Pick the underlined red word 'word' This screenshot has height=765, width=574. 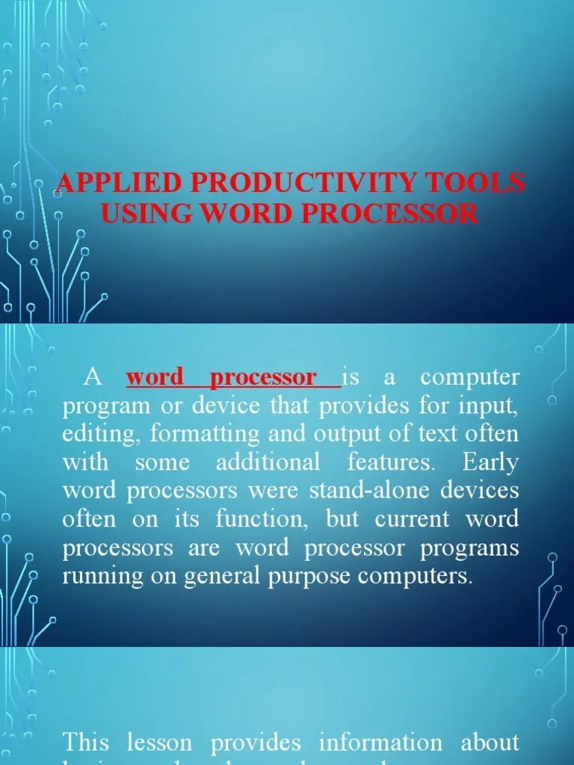tap(155, 377)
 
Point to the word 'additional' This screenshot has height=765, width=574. tap(268, 462)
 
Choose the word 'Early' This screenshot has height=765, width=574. tap(490, 462)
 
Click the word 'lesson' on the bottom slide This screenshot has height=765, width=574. tap(158, 743)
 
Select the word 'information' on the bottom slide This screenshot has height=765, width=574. tap(380, 743)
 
